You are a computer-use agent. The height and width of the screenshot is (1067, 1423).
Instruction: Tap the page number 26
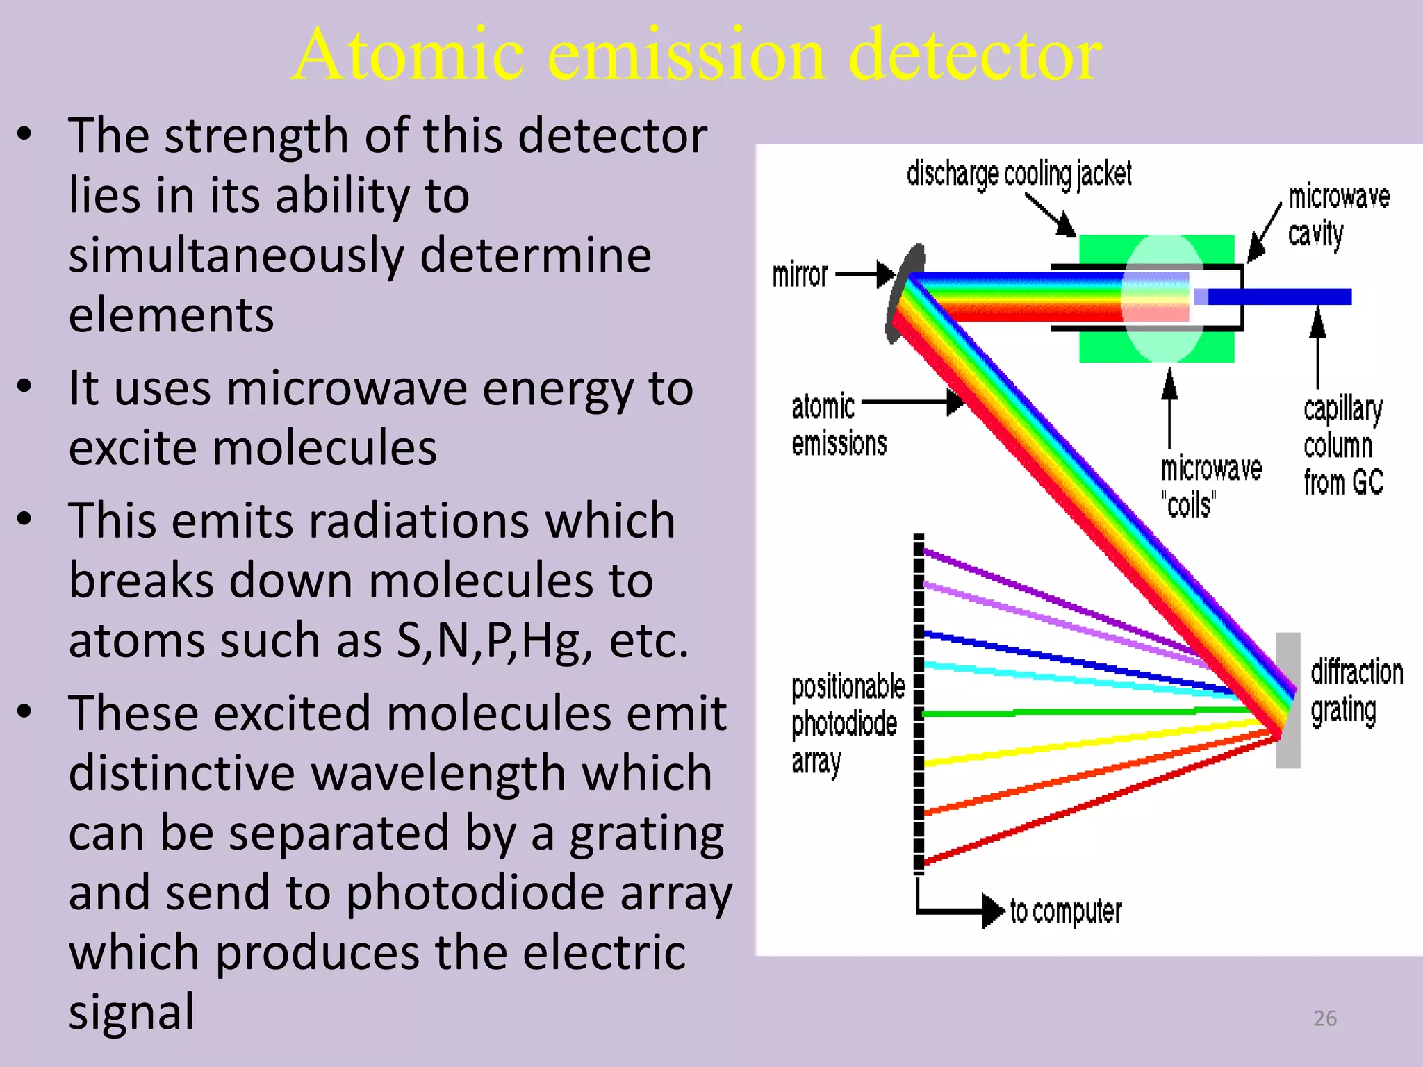point(1325,1018)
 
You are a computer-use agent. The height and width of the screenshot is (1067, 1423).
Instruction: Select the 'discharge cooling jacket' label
point(1019,174)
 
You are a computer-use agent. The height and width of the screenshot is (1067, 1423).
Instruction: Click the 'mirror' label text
point(800,275)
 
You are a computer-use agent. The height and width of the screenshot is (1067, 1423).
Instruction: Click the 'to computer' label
point(1066,911)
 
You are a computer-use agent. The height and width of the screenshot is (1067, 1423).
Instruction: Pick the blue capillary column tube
point(1278,297)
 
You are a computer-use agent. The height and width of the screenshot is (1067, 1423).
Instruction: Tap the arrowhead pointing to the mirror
point(885,274)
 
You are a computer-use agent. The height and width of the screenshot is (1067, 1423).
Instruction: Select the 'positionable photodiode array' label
point(847,725)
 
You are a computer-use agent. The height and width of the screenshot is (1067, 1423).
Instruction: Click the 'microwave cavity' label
point(1338,215)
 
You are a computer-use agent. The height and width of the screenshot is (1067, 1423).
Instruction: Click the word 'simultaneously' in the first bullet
point(236,256)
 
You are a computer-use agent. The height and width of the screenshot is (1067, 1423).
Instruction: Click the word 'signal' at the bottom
point(131,1011)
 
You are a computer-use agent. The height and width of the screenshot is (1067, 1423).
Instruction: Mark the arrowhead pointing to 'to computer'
point(994,910)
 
